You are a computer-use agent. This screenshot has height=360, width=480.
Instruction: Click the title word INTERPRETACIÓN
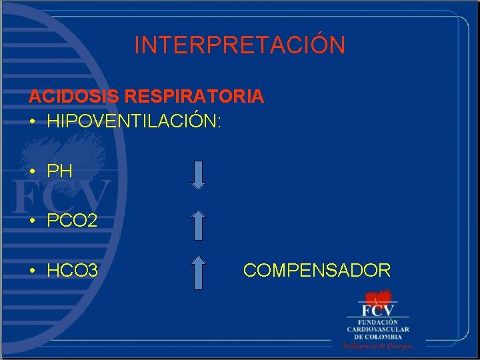point(240,45)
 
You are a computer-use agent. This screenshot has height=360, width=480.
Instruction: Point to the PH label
point(59,171)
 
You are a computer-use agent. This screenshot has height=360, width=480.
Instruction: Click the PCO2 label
point(72,221)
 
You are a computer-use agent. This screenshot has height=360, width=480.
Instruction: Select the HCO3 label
point(73,271)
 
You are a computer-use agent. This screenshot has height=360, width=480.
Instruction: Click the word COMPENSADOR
point(317,271)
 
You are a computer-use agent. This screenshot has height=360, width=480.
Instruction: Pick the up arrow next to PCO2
point(199,224)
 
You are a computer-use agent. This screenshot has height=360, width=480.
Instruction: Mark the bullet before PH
point(32,172)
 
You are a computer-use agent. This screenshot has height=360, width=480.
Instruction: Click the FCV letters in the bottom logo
point(377,310)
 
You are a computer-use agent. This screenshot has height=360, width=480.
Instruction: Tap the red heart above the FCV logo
point(377,296)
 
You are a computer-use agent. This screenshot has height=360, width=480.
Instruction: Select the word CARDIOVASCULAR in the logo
point(378,329)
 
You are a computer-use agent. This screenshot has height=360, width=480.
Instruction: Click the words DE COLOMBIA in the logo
point(378,337)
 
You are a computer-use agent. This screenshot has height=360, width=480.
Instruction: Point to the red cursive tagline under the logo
point(378,346)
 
